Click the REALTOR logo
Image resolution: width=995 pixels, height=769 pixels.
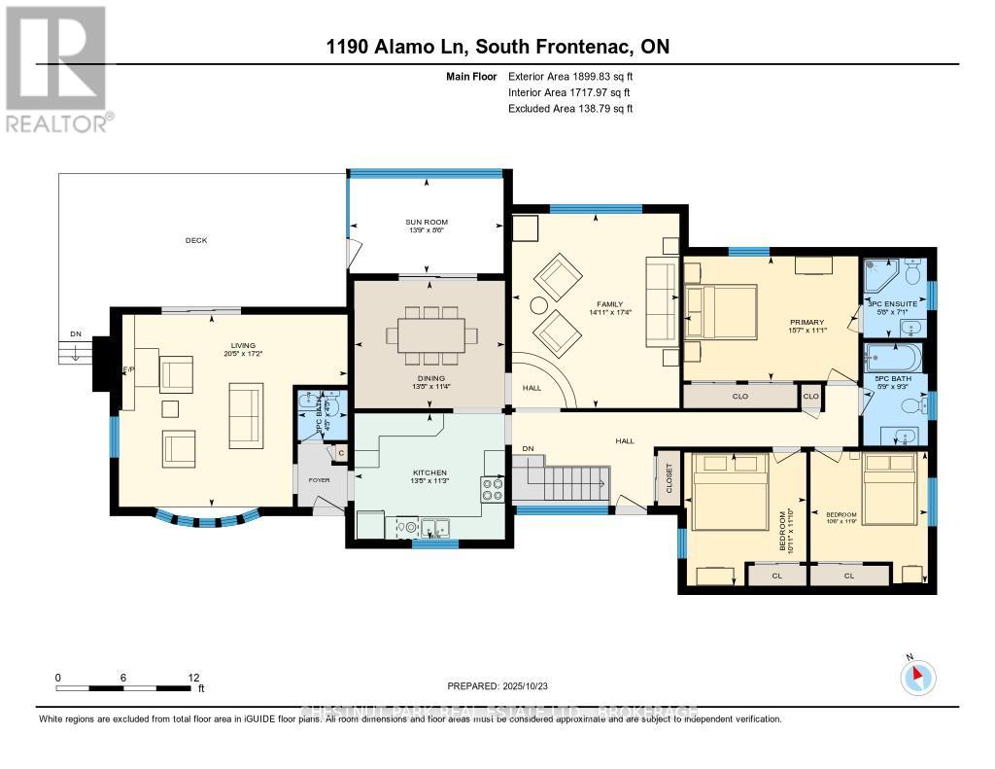(x=56, y=68)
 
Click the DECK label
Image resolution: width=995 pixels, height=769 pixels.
(x=197, y=240)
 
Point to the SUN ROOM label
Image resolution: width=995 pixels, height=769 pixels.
(x=427, y=223)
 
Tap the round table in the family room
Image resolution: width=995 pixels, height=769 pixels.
(x=537, y=305)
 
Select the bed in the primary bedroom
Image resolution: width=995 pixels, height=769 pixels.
(x=721, y=312)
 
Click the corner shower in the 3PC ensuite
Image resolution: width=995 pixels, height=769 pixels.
(x=878, y=277)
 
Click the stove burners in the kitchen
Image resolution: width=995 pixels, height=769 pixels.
(x=493, y=488)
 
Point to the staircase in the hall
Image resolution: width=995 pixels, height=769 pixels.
(x=568, y=479)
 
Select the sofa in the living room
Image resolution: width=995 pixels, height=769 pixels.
(x=244, y=415)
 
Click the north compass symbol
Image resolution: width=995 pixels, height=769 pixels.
(x=917, y=677)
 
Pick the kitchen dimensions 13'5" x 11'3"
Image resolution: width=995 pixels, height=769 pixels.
(x=428, y=481)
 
